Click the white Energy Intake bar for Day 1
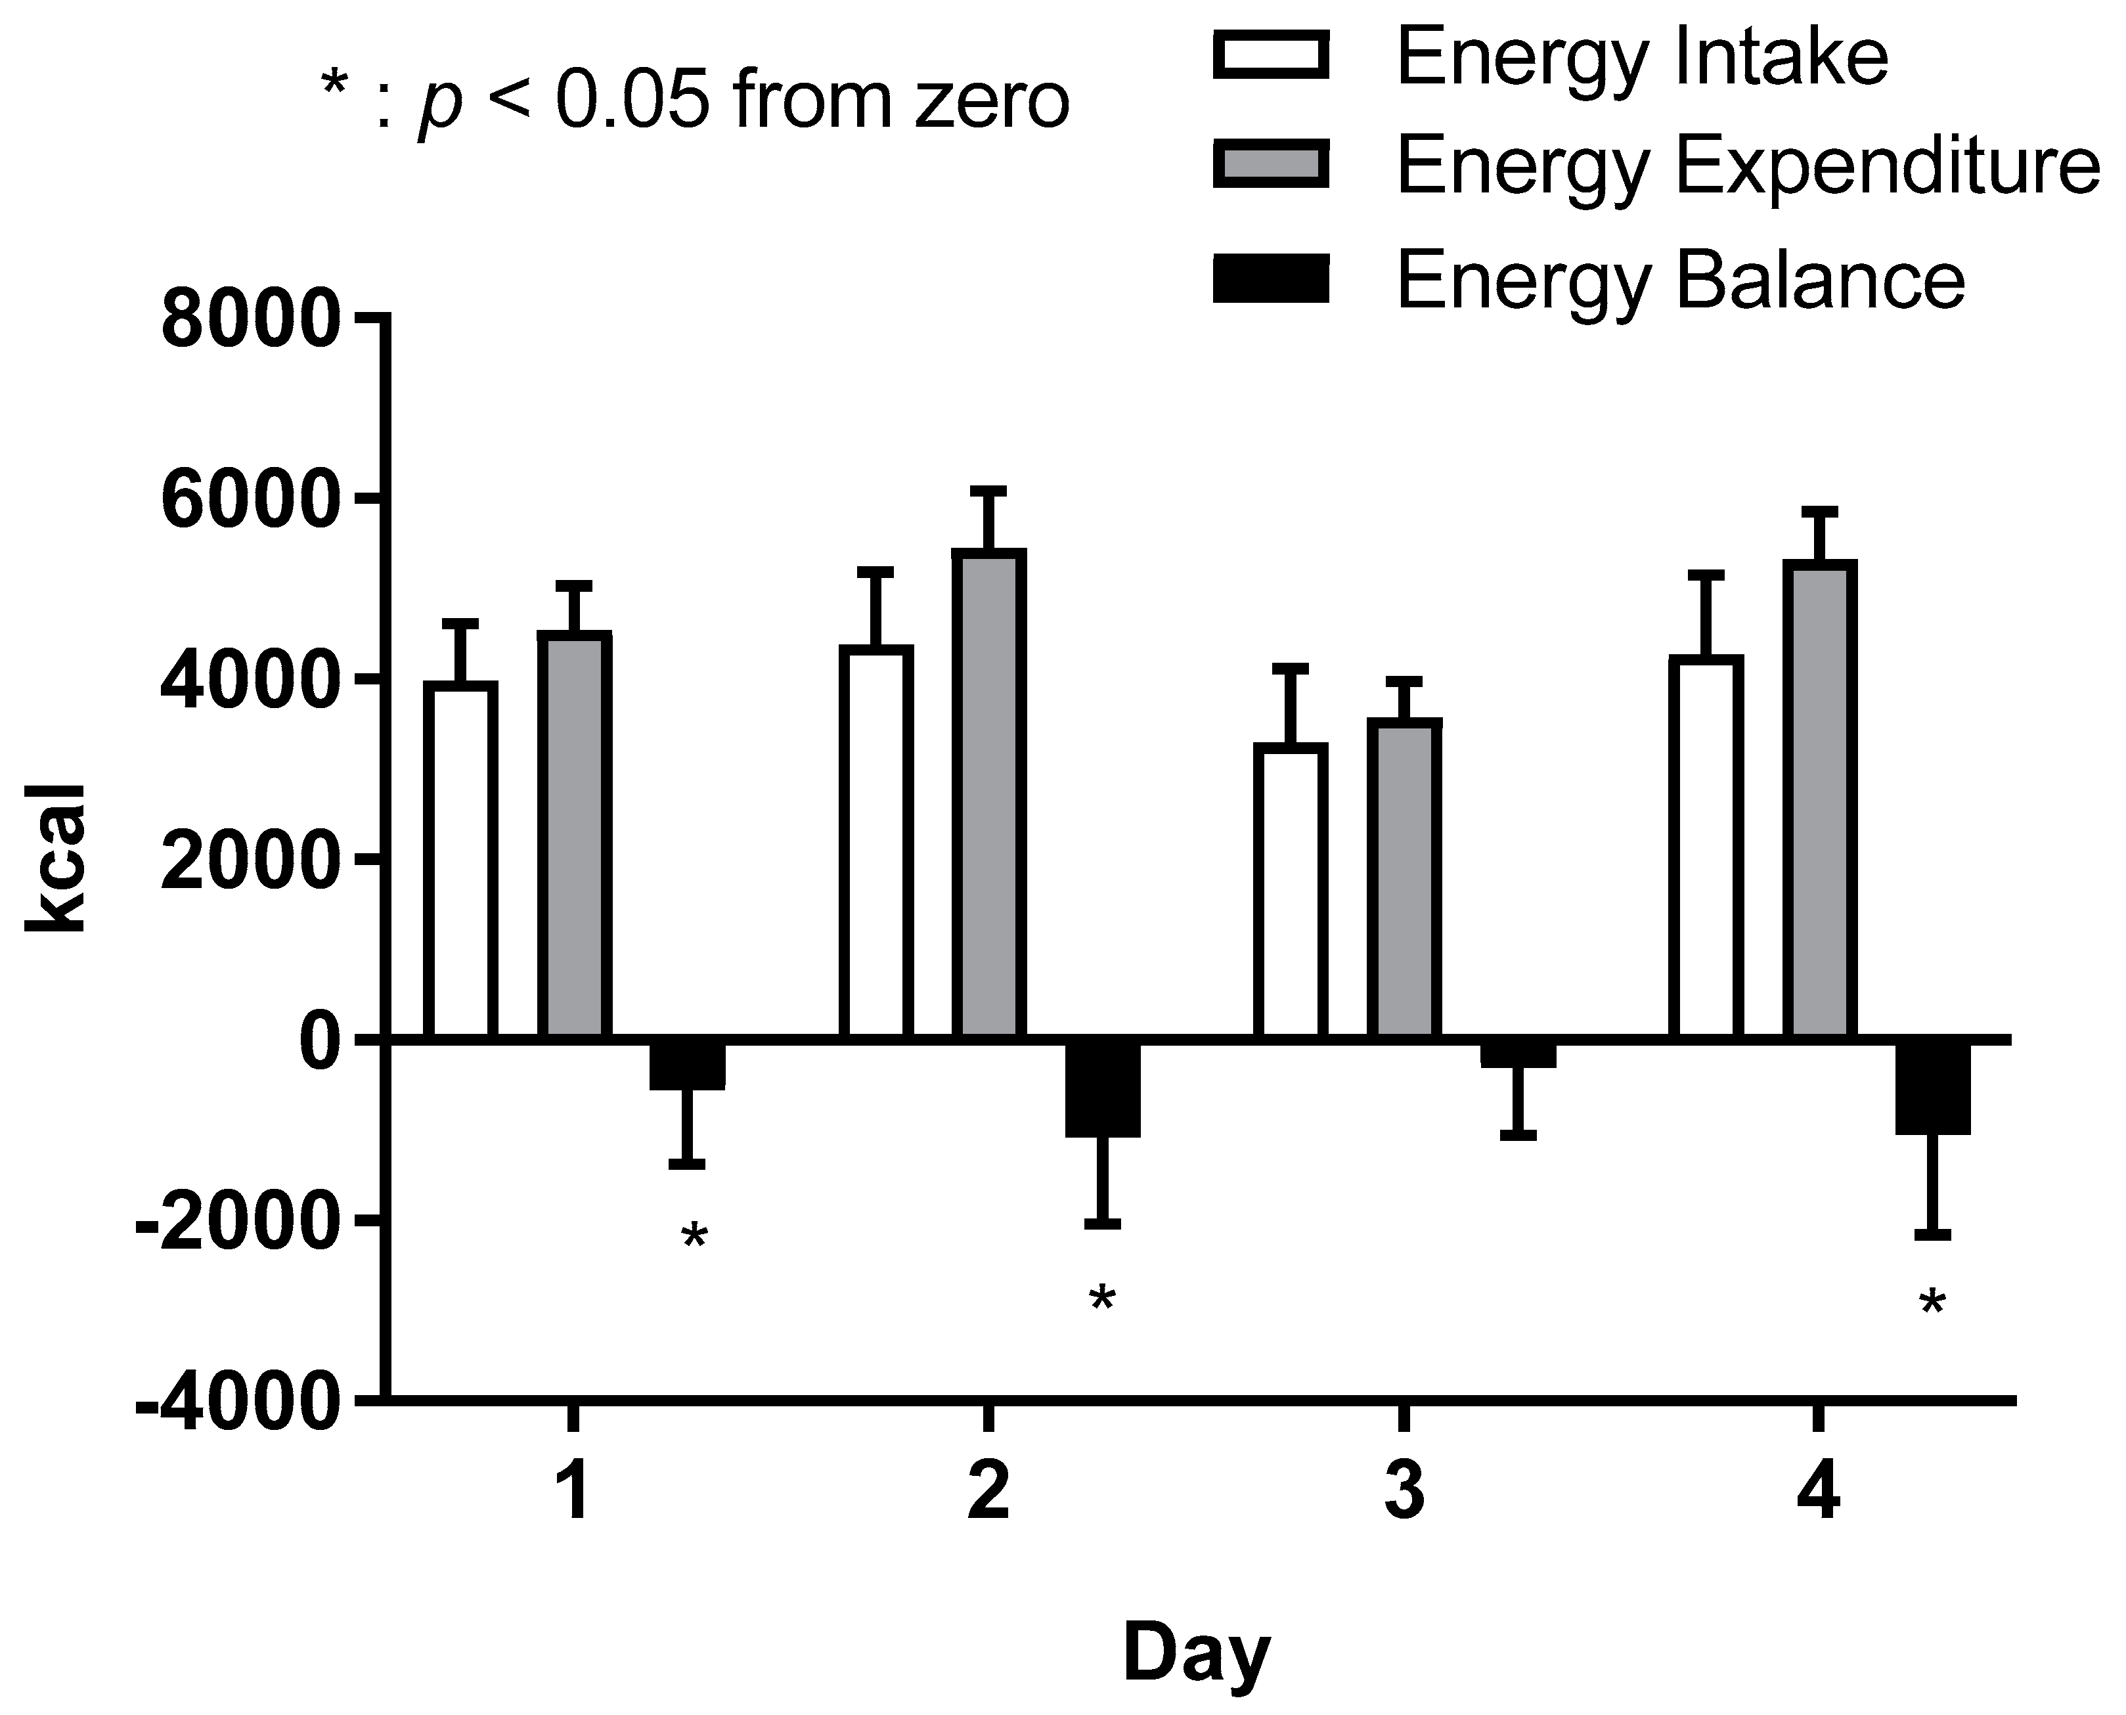460,860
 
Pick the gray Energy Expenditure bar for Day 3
1404,880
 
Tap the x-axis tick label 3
1403,1494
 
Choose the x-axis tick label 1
573,1494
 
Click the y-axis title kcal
56,858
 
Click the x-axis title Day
1195,1654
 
